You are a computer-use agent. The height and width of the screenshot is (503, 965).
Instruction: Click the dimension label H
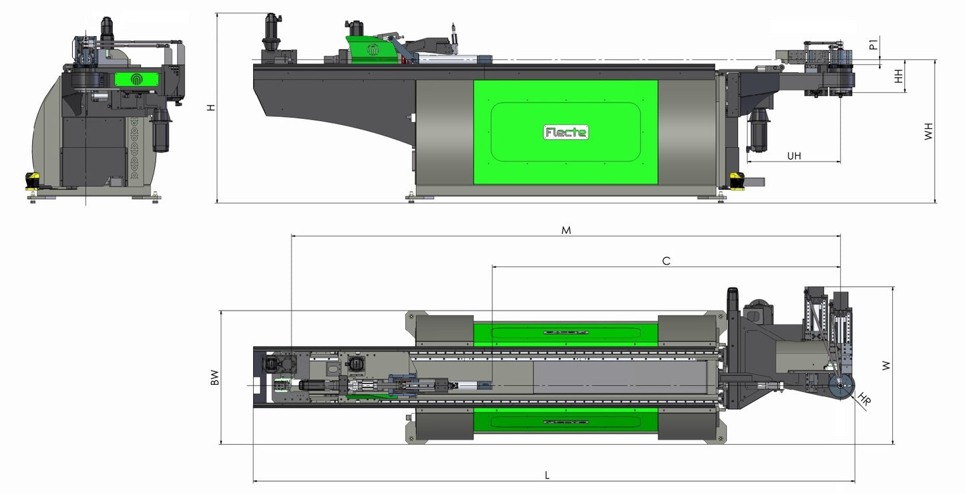(210, 108)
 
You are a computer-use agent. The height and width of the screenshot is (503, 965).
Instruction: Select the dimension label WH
(928, 132)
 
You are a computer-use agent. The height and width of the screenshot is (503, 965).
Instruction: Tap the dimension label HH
(899, 76)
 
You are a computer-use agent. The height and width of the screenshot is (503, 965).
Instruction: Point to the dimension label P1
(873, 45)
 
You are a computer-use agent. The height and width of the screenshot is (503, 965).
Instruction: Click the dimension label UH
(794, 156)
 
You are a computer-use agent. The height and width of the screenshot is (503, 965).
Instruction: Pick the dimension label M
(566, 230)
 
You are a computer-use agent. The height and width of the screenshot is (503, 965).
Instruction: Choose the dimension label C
(666, 261)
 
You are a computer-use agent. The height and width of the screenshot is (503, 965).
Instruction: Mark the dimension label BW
(214, 377)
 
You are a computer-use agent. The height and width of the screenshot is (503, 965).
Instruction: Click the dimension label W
(886, 365)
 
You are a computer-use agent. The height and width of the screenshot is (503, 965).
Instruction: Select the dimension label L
(547, 476)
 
